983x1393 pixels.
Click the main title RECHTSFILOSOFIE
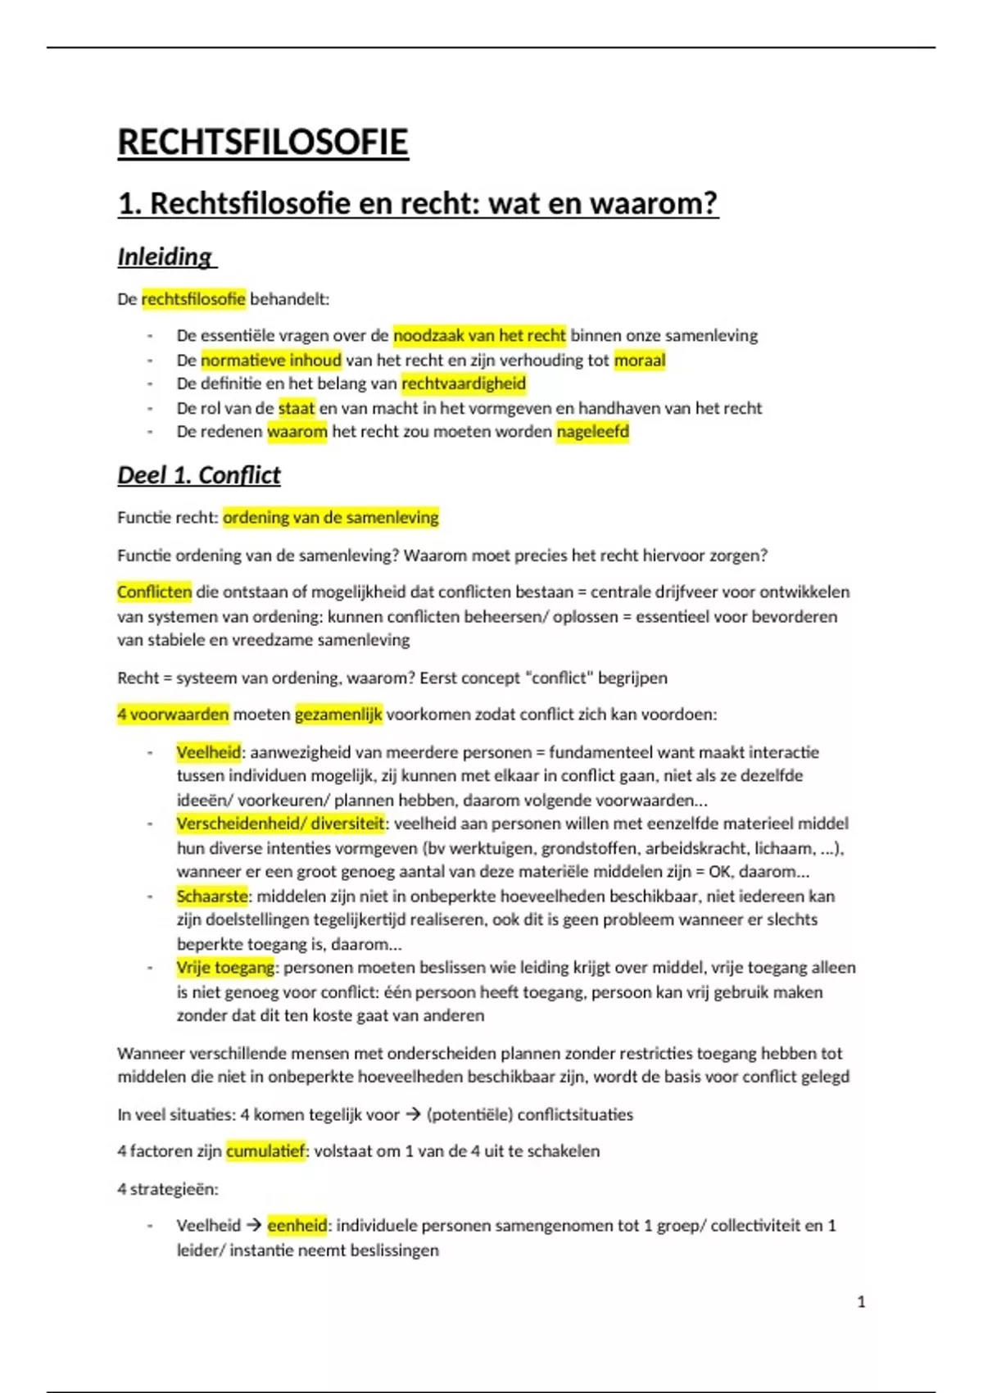(263, 142)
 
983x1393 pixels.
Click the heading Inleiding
(165, 256)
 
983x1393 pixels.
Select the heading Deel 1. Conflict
(199, 475)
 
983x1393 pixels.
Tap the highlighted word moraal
(640, 360)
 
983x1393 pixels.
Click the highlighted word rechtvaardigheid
(464, 383)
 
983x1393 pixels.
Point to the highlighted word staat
(297, 408)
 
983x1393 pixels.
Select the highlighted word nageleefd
(592, 432)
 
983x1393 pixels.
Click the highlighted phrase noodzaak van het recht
(479, 335)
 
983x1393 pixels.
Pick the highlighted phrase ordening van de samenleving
(331, 518)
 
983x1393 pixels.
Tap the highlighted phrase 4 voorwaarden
(173, 715)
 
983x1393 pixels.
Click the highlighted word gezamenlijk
(338, 715)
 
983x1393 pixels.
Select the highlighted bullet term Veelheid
(209, 752)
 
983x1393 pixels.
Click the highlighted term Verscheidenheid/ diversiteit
(280, 824)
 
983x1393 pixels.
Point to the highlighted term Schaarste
(212, 896)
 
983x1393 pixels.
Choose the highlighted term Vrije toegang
(225, 968)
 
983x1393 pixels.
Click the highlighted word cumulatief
(265, 1151)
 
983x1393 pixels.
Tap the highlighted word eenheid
(297, 1226)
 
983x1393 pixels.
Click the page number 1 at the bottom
(861, 1302)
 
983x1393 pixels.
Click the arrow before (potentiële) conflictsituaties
(414, 1114)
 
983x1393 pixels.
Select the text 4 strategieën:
(168, 1189)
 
